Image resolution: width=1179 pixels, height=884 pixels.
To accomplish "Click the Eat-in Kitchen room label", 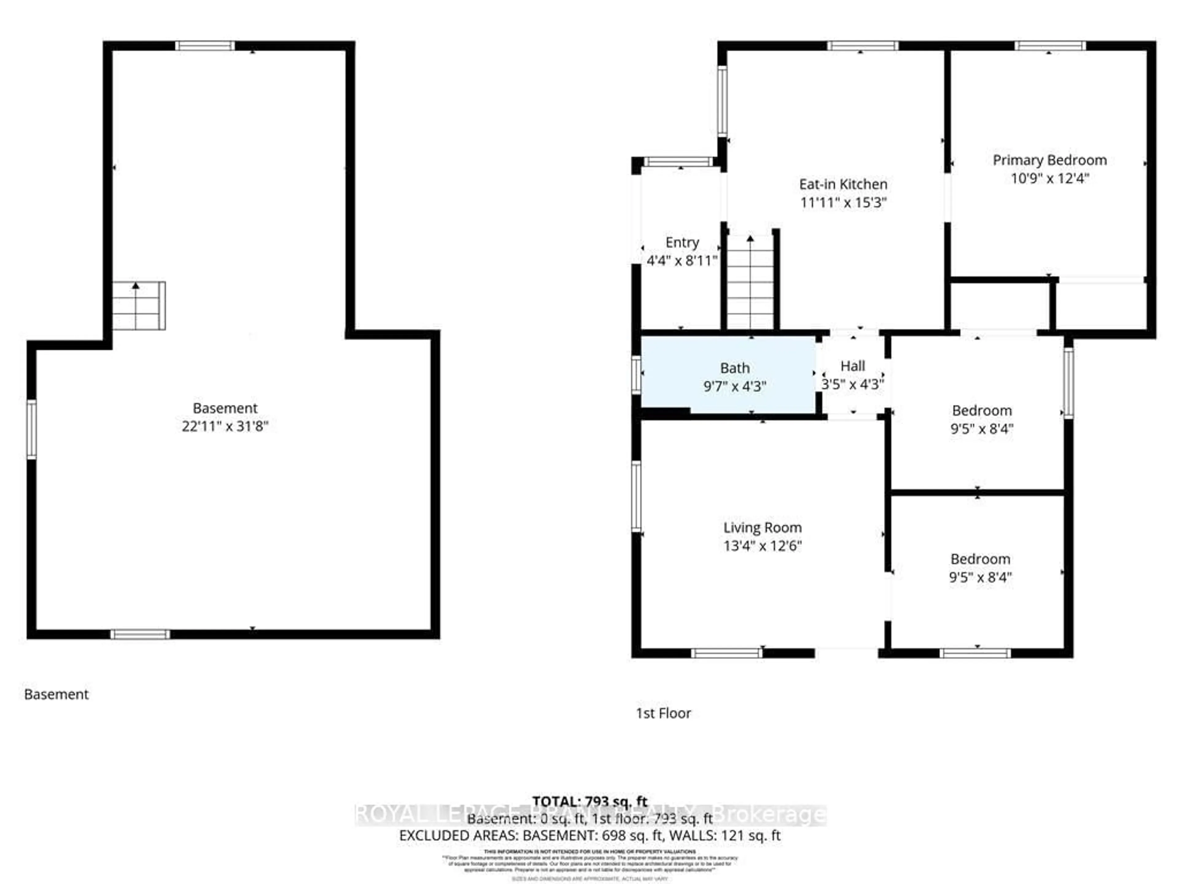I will [x=843, y=184].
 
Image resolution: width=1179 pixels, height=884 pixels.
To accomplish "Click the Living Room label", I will [x=762, y=528].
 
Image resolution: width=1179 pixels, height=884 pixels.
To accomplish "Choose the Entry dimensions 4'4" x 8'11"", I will [x=682, y=261].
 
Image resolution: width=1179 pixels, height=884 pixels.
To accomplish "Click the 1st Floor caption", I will [x=663, y=713].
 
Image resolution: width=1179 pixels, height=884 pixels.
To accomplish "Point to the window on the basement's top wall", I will [x=205, y=46].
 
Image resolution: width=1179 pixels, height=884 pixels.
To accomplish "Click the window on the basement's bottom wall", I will [x=140, y=634].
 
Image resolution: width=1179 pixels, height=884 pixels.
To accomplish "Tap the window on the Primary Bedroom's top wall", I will [x=1049, y=46].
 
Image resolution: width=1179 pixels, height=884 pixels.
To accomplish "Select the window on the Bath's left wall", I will [x=636, y=374].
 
